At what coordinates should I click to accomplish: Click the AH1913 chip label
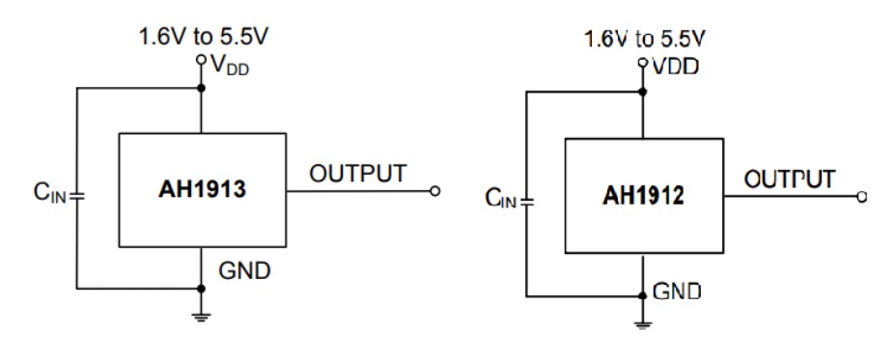[202, 190]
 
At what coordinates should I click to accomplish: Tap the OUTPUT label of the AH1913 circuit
[358, 175]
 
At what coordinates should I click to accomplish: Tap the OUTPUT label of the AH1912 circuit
[789, 180]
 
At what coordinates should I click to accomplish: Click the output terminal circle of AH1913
[434, 191]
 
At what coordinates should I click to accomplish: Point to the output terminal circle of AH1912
[861, 197]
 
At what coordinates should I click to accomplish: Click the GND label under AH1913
[245, 270]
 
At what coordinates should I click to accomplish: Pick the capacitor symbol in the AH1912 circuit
[527, 203]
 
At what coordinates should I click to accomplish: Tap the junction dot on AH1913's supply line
[202, 89]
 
